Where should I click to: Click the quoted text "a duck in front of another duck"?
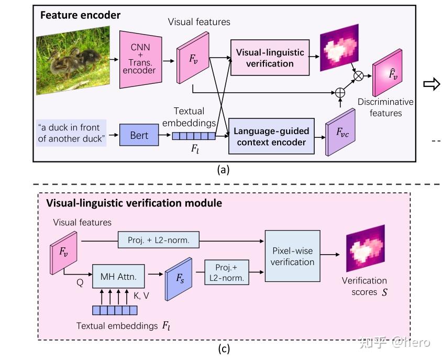point(71,132)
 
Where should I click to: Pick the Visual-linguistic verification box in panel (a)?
point(269,58)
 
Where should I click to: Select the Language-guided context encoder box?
point(271,136)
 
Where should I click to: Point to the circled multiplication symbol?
point(359,76)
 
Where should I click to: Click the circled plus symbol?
point(340,92)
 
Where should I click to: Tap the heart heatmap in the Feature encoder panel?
point(339,48)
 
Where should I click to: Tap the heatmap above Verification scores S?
point(365,251)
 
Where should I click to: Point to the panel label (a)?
point(223,169)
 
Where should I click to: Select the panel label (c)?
point(223,348)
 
